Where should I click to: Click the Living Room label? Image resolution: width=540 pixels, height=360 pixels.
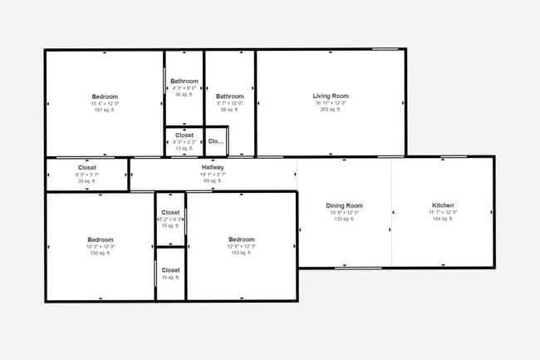tap(331, 96)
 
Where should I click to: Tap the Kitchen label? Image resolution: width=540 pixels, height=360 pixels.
tap(443, 205)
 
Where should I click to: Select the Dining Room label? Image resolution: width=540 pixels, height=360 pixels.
tap(344, 205)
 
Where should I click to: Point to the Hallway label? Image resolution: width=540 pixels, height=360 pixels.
tap(213, 167)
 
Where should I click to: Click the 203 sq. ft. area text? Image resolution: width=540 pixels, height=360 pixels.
tap(331, 110)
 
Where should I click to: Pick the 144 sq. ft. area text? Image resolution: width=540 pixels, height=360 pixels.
tap(443, 219)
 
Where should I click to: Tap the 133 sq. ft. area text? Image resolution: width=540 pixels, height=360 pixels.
tap(344, 219)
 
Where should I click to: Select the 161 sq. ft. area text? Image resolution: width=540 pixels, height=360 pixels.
tap(105, 110)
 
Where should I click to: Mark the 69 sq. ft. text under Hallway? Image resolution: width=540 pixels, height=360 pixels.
tap(213, 180)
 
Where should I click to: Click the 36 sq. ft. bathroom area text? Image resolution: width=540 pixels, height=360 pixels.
tap(184, 95)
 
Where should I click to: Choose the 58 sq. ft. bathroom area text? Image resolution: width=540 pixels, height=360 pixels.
tap(230, 110)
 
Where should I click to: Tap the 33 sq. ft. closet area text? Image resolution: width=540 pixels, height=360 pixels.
tap(87, 180)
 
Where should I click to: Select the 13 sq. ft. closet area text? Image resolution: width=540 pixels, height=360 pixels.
tap(184, 148)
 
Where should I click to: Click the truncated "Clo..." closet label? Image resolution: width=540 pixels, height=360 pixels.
tap(216, 141)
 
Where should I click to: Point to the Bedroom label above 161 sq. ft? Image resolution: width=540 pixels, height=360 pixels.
tap(105, 96)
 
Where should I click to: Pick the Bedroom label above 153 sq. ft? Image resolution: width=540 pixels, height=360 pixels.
tap(241, 239)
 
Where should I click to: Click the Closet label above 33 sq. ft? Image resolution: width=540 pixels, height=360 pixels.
tap(87, 167)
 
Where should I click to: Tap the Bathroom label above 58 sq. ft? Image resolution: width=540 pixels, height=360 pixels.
tap(230, 96)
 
